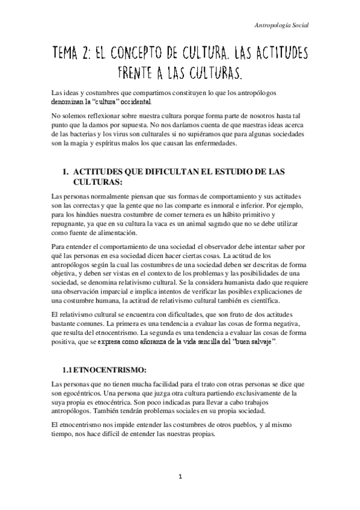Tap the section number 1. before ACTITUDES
67,172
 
